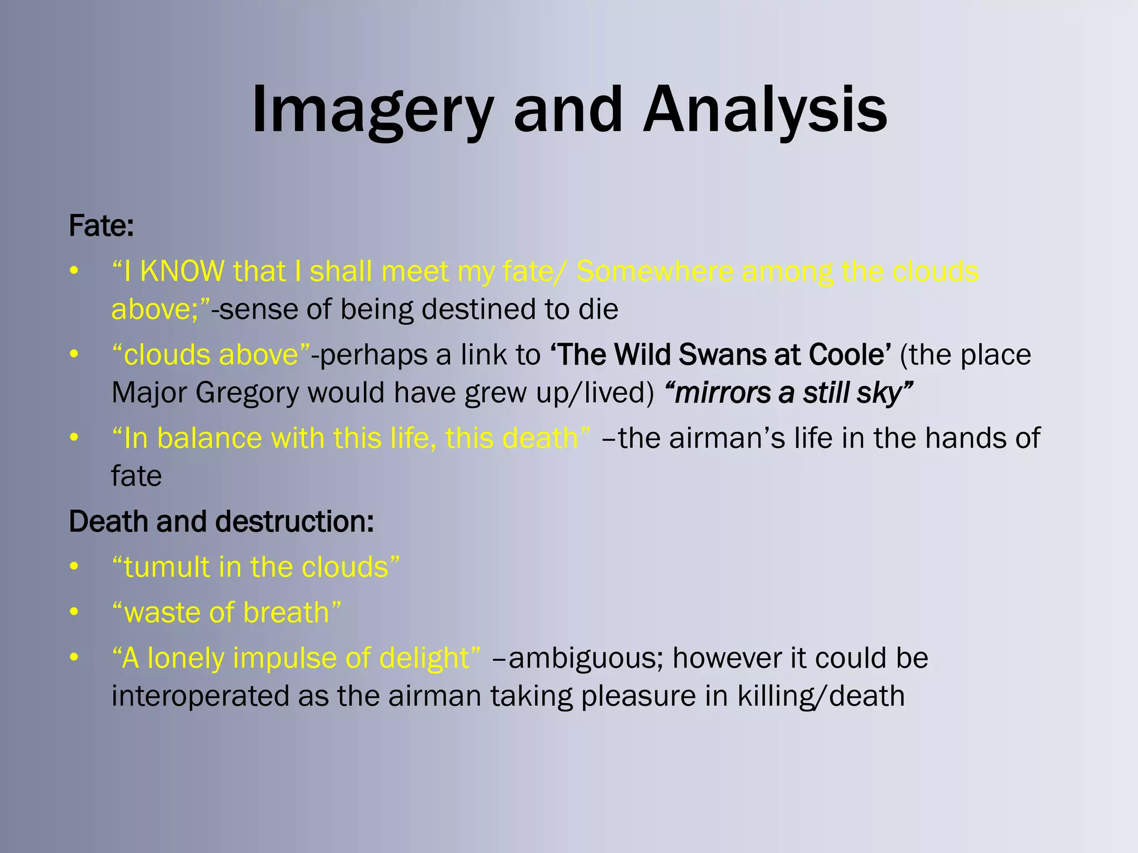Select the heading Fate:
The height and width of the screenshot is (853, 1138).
101,226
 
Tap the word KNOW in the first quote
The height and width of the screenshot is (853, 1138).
182,272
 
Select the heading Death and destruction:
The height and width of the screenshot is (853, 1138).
221,521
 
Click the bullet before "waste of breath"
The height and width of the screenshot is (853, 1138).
74,612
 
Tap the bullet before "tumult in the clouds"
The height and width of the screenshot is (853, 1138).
74,566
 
